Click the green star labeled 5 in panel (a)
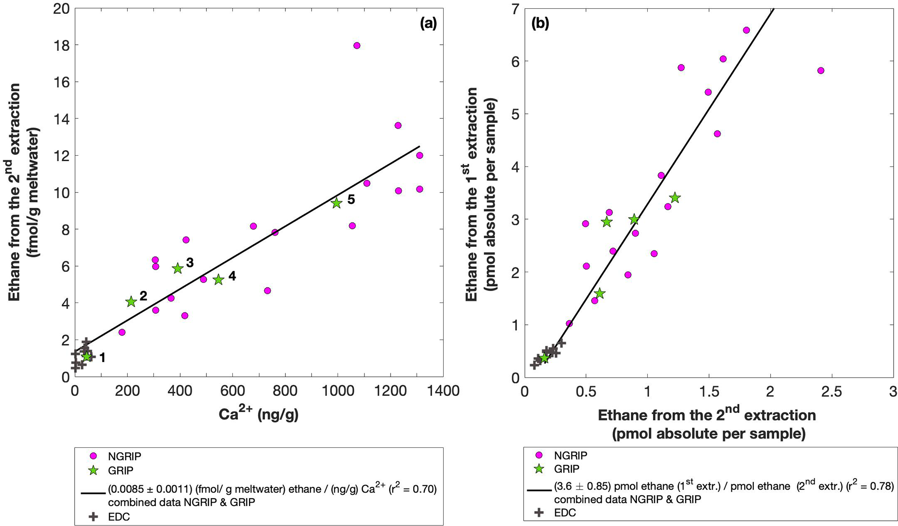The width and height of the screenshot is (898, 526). (x=337, y=203)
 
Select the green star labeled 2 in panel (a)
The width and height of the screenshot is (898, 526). (x=131, y=302)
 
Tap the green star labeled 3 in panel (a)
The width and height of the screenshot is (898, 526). (x=177, y=268)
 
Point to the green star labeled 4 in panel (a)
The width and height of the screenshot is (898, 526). (x=219, y=280)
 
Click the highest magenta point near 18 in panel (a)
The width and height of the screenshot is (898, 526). (x=357, y=46)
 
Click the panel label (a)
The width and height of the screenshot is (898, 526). (x=428, y=24)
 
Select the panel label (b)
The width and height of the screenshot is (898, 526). (x=540, y=24)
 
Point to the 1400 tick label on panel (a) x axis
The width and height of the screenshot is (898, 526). (x=442, y=391)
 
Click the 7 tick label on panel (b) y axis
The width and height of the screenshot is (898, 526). (x=515, y=9)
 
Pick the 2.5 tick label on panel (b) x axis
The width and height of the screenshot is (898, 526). (x=831, y=392)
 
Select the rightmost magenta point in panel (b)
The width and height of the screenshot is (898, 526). (x=821, y=70)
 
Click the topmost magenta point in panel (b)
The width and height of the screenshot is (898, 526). (x=746, y=30)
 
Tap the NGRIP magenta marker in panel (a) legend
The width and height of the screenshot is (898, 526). (x=93, y=456)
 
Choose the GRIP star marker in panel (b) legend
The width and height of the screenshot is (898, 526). (x=539, y=469)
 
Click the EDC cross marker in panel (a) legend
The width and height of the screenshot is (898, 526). (x=93, y=516)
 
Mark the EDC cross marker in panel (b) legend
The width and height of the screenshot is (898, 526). (x=539, y=513)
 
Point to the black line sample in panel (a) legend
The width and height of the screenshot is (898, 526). (x=93, y=493)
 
